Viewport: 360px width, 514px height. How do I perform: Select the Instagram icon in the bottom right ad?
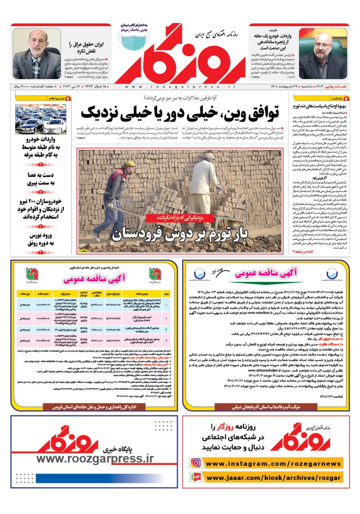click(196, 463)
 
